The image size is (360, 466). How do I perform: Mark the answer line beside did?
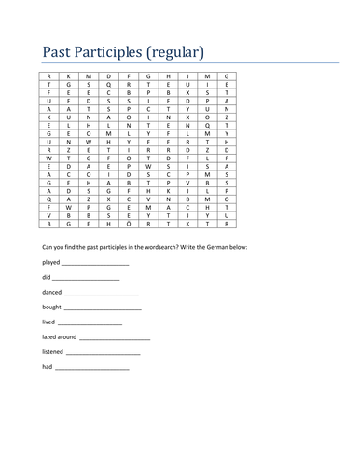[86, 281]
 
